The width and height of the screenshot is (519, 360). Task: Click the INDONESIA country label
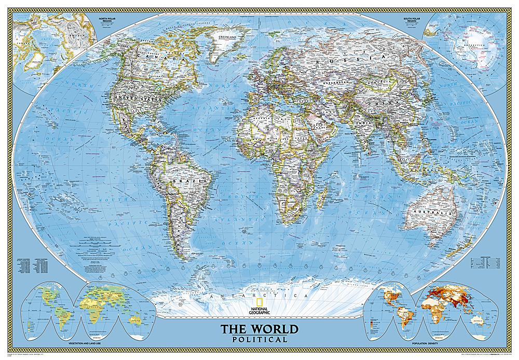coord(415,169)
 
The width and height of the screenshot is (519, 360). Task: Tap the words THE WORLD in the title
coord(259,329)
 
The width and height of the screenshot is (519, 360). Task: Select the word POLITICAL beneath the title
coord(259,339)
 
